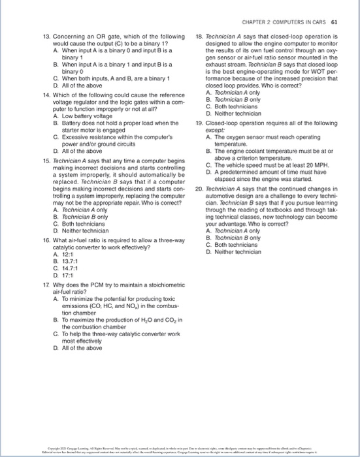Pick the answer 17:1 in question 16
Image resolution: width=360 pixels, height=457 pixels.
63,257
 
